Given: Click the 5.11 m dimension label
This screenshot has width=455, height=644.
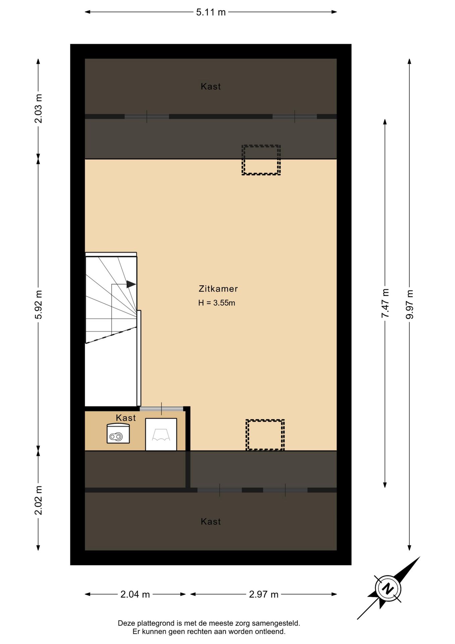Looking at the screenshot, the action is [211, 12].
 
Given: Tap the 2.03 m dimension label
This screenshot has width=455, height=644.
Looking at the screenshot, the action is [39, 108].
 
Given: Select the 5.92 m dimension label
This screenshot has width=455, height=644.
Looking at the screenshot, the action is [39, 305].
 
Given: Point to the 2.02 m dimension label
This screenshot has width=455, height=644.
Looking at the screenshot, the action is [39, 500].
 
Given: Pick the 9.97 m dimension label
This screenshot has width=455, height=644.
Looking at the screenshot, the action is [409, 304].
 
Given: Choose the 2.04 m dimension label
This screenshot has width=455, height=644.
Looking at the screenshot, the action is [135, 594].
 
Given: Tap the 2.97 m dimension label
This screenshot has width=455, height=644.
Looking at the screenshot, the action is [264, 594].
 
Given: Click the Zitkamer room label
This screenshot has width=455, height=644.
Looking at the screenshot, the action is [218, 288].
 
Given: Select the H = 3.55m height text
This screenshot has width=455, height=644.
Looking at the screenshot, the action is [216, 303].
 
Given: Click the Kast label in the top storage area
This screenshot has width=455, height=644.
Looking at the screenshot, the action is [211, 86].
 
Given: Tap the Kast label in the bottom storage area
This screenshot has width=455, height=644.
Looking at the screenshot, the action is [211, 521].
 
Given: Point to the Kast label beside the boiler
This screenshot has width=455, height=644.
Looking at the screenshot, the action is [126, 418].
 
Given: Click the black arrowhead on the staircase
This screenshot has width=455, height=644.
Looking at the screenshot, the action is [131, 284].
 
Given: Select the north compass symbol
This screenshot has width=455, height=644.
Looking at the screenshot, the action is [388, 589].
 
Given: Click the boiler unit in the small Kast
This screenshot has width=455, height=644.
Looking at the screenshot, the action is [118, 433].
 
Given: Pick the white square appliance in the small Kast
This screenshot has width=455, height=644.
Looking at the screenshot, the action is [161, 434].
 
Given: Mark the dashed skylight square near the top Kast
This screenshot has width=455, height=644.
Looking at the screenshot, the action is [261, 160].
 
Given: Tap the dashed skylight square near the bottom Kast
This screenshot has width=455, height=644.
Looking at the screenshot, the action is [265, 435].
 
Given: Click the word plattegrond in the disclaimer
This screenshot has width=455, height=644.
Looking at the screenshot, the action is [156, 624].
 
